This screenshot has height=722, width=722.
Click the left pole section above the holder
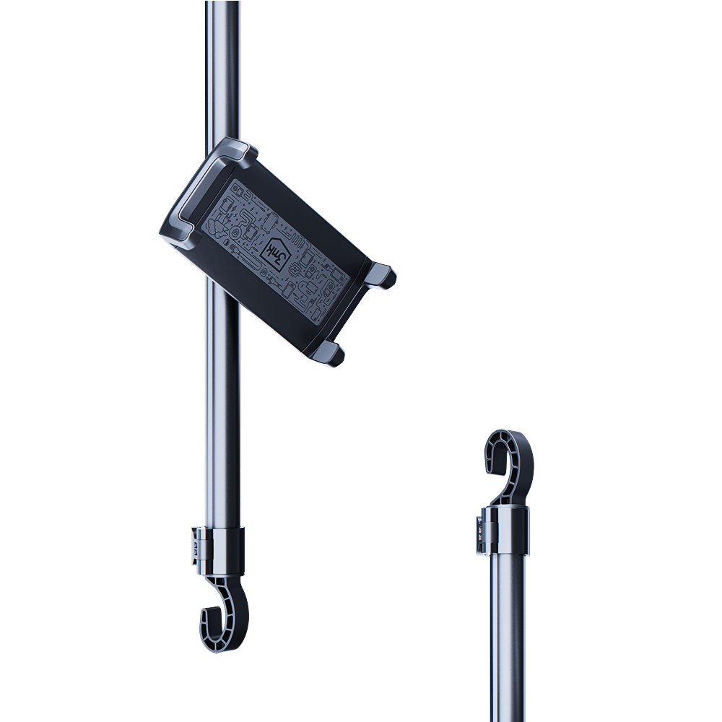tap(222, 65)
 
